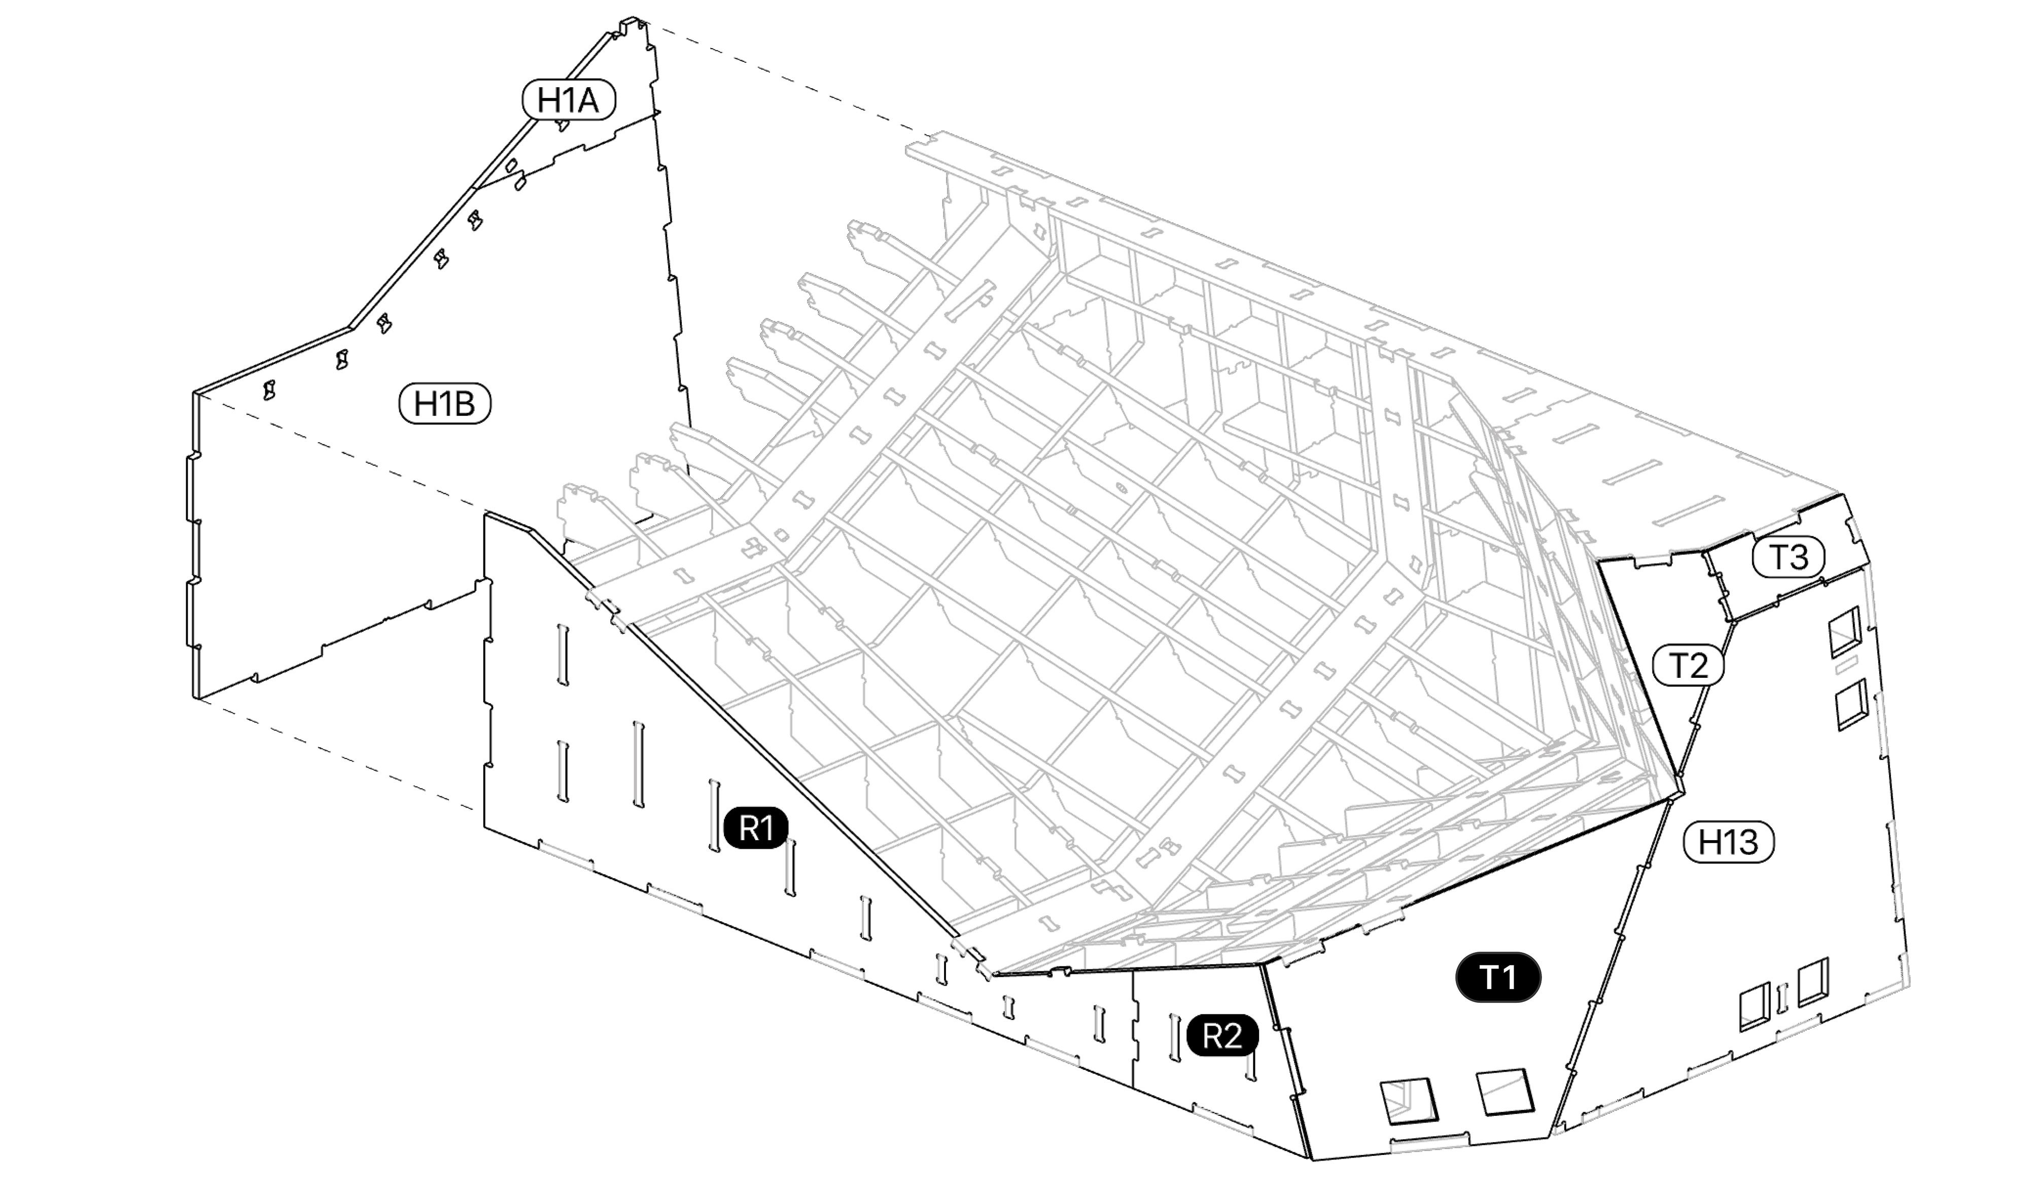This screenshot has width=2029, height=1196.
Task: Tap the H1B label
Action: pyautogui.click(x=445, y=403)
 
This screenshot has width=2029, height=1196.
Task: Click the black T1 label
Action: pyautogui.click(x=1498, y=977)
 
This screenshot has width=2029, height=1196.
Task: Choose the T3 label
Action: pyautogui.click(x=1789, y=557)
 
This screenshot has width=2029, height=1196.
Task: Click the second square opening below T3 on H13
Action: pyautogui.click(x=1851, y=704)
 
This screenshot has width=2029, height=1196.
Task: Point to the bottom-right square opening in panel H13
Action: pyautogui.click(x=1813, y=983)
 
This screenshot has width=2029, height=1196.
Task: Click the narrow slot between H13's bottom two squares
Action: pyautogui.click(x=1783, y=997)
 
